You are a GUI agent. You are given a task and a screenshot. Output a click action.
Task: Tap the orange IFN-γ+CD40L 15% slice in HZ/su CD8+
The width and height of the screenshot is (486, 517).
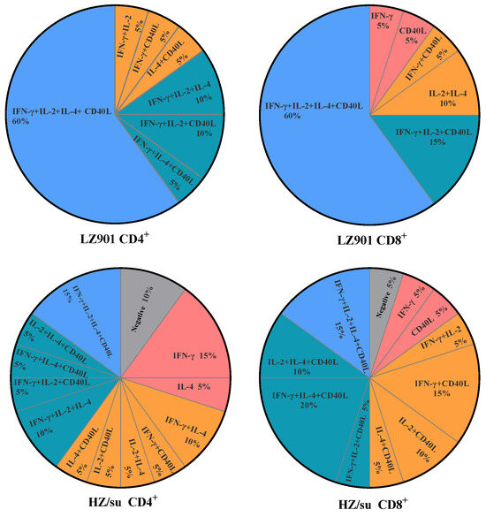[429, 384]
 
